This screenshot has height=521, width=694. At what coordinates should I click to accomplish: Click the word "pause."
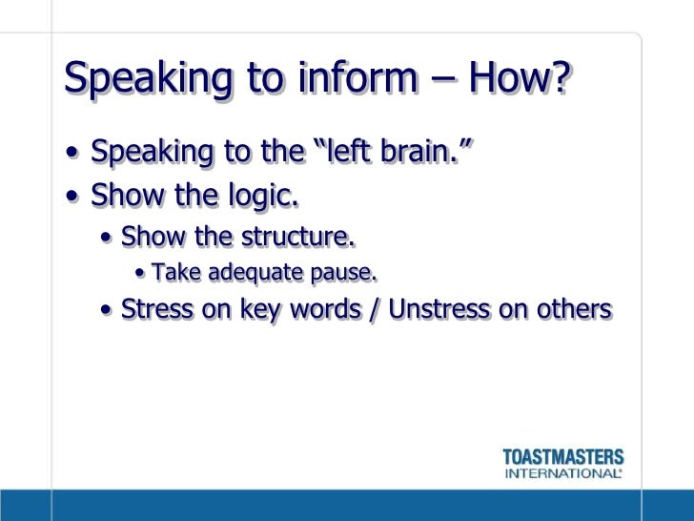(342, 275)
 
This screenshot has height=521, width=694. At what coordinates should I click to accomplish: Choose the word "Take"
(173, 274)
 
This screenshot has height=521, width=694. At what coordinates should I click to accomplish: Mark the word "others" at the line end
(574, 309)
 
